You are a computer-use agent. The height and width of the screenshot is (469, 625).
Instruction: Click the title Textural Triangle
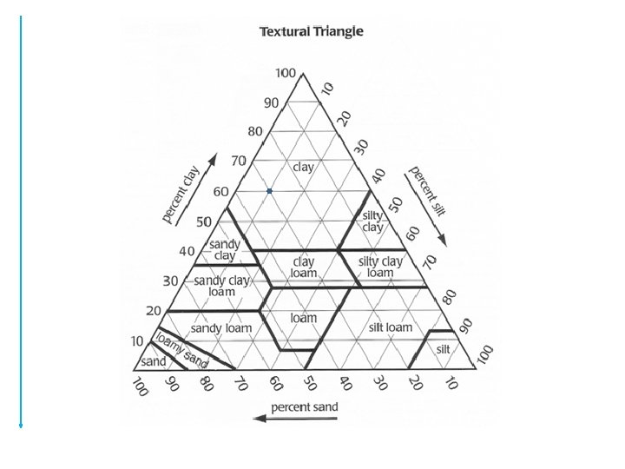(312, 32)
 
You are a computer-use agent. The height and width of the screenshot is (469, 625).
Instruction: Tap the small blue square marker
(270, 191)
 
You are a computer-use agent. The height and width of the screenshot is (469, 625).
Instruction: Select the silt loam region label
(391, 327)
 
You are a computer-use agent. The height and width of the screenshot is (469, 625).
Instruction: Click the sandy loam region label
(220, 327)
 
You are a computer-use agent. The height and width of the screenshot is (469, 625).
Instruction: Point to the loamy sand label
(182, 349)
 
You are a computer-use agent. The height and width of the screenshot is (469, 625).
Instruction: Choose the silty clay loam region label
(380, 266)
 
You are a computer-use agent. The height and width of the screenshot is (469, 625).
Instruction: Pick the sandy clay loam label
(221, 286)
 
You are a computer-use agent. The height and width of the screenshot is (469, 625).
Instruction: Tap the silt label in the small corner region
(444, 348)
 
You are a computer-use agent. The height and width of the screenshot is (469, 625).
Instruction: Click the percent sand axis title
(304, 406)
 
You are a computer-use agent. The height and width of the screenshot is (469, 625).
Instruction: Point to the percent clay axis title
(182, 195)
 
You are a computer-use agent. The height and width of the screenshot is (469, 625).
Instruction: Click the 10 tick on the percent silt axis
(326, 88)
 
